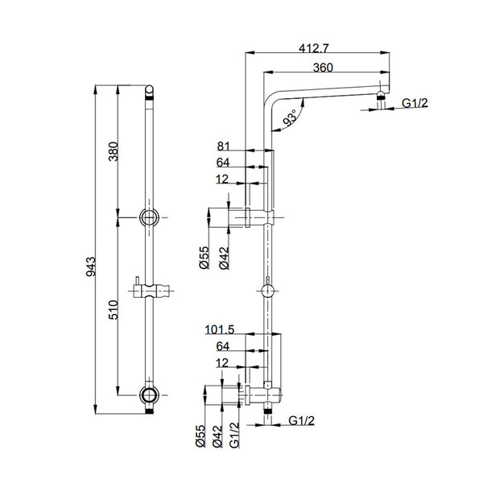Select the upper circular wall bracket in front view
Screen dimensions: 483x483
pos(149,217)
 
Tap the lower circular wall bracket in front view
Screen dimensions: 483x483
pos(149,394)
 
